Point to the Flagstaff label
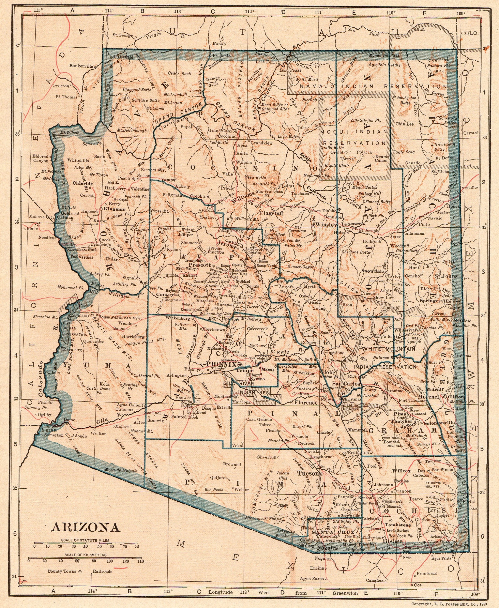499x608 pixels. [272, 214]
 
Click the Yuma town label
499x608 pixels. [47, 430]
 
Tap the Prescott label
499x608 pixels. [200, 265]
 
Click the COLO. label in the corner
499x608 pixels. [470, 33]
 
